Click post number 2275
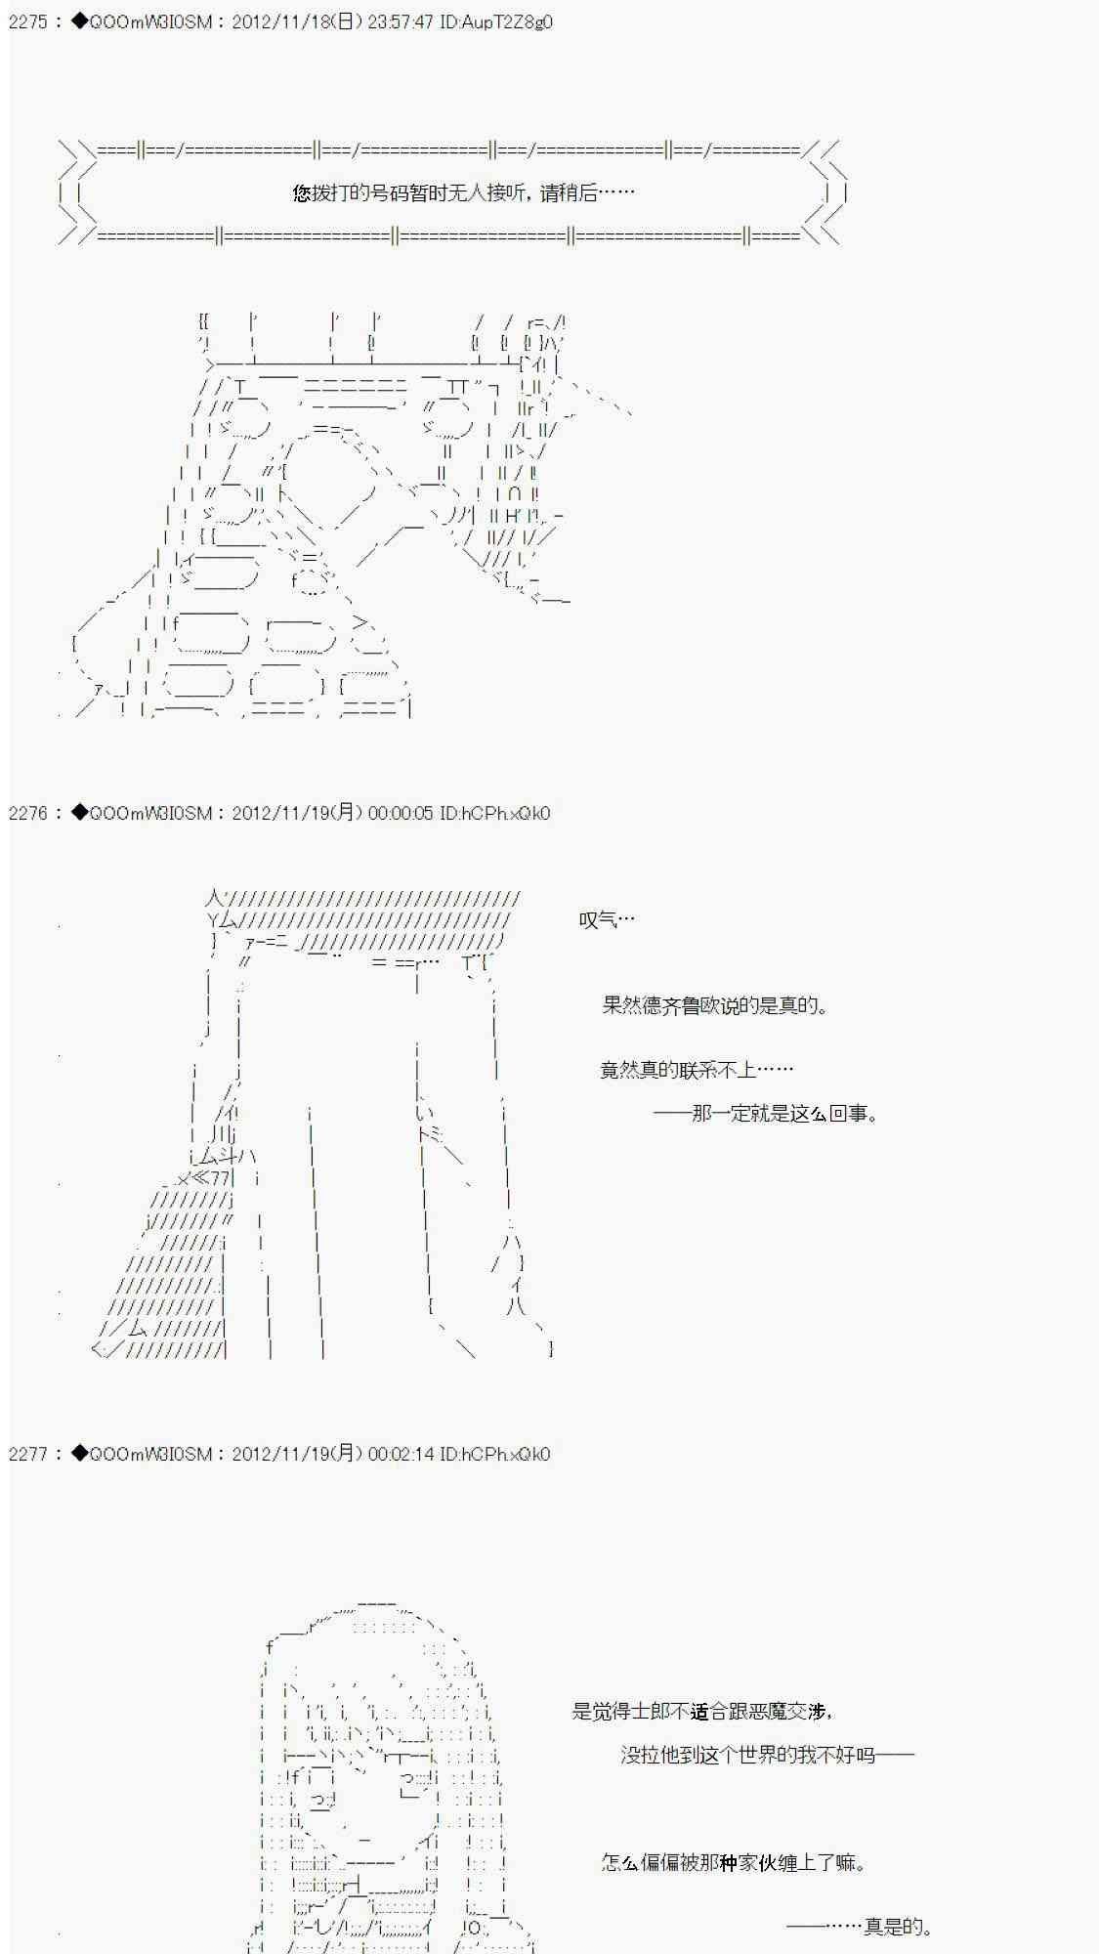(x=27, y=21)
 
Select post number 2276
(x=27, y=813)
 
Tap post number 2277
(x=27, y=1454)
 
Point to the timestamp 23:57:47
(x=401, y=21)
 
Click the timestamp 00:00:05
(x=401, y=813)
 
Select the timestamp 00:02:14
(x=401, y=1454)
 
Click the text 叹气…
(x=607, y=919)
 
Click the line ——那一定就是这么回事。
(x=766, y=1113)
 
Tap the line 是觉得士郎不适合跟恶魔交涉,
(x=702, y=1711)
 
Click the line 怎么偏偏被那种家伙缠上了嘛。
(x=734, y=1862)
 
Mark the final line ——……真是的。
(x=860, y=1927)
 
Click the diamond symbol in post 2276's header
(x=79, y=813)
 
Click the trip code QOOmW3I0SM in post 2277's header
(x=150, y=1454)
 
